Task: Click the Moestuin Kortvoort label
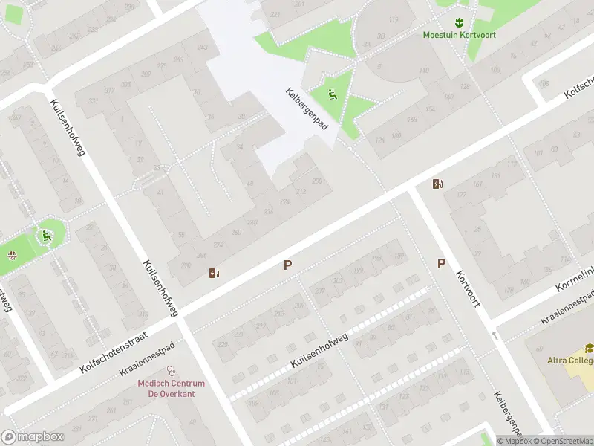tap(459, 34)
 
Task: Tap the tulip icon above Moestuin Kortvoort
tap(459, 22)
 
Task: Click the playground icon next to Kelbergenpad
tap(333, 94)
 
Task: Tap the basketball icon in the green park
tap(13, 256)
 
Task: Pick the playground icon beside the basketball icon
tap(47, 236)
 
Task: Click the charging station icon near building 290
tap(215, 274)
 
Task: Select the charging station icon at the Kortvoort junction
tap(438, 184)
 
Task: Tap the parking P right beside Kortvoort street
tap(441, 263)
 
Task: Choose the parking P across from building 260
tap(287, 264)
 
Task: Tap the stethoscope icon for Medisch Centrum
tap(172, 370)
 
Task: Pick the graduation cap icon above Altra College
tap(589, 348)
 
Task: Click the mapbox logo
tap(30, 436)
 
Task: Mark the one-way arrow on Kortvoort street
tap(495, 337)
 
